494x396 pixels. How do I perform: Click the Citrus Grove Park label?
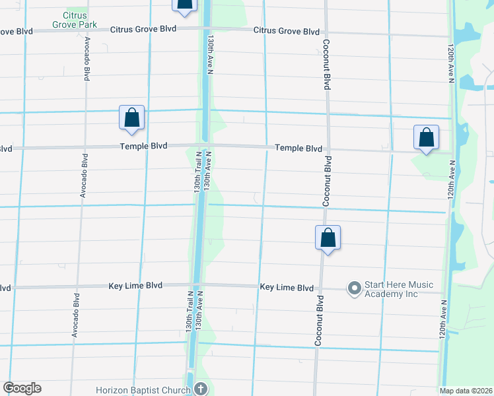(80, 20)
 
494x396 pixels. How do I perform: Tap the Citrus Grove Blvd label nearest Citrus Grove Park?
(143, 29)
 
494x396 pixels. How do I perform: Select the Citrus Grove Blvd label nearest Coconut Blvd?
(288, 31)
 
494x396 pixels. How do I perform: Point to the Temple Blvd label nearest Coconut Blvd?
(298, 148)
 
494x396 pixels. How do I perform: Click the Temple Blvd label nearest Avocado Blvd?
(143, 146)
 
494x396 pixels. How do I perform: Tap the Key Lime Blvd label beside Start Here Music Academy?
(287, 288)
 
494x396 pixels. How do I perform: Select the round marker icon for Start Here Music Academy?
(355, 287)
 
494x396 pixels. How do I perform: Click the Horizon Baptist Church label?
(143, 389)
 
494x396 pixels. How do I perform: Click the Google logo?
(22, 388)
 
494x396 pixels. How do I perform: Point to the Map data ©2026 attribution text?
(466, 391)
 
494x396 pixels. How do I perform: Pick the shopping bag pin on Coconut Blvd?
(328, 238)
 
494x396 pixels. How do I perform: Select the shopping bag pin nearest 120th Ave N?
(426, 138)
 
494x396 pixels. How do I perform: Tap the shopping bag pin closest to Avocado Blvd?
(131, 118)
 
